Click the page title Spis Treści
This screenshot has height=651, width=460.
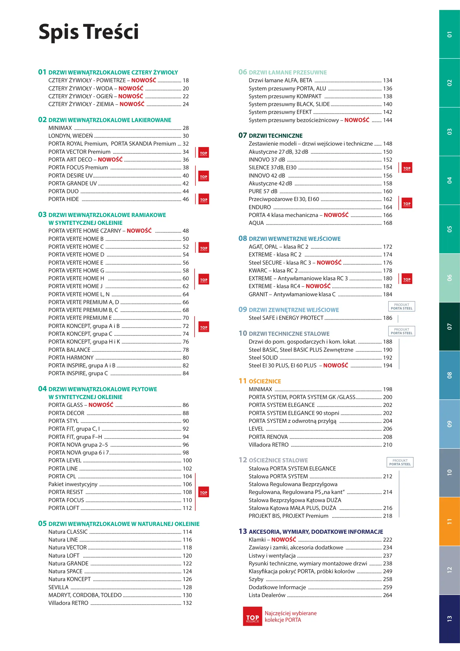click(x=89, y=32)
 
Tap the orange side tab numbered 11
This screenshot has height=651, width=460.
click(x=449, y=521)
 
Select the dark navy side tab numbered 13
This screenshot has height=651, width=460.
click(x=449, y=619)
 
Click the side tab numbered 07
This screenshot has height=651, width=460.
click(x=449, y=327)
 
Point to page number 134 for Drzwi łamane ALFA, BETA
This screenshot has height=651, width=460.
click(x=387, y=80)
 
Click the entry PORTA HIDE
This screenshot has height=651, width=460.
click(x=64, y=199)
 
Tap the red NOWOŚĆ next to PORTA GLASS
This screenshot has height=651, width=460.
click(x=101, y=405)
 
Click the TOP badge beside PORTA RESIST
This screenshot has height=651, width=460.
click(x=204, y=492)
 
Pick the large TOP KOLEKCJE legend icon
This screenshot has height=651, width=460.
click(x=252, y=616)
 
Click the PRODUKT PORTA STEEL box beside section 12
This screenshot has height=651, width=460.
click(x=400, y=462)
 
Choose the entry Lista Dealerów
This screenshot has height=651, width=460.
click(x=267, y=595)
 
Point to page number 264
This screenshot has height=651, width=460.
click(x=387, y=595)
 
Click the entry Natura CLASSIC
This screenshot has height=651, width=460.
click(x=68, y=532)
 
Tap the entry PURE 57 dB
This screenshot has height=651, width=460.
click(x=263, y=191)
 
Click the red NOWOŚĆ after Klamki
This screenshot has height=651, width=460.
click(x=283, y=539)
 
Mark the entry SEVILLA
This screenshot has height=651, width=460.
click(x=58, y=587)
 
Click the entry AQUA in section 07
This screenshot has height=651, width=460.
click(x=256, y=223)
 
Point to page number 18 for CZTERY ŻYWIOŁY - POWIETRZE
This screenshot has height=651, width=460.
click(x=186, y=80)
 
